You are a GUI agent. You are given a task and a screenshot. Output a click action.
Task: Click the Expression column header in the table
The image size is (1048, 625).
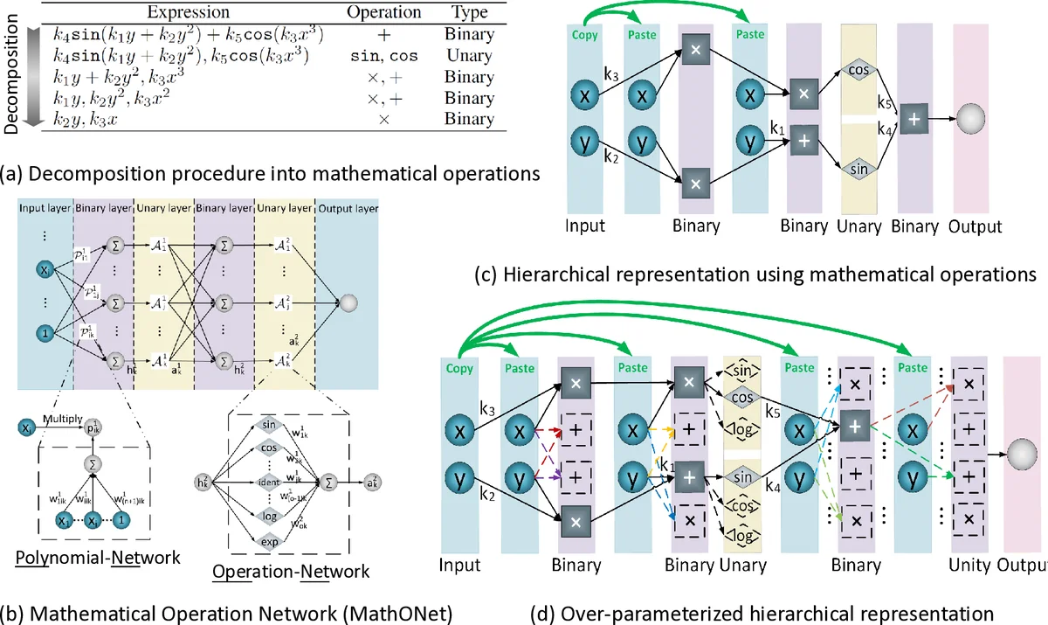point(189,13)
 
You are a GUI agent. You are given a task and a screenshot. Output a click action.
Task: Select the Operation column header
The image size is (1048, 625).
point(383,13)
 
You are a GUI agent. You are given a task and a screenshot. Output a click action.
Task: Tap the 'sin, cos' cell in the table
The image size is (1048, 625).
point(383,56)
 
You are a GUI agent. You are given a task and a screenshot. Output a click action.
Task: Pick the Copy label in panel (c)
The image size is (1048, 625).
point(584,36)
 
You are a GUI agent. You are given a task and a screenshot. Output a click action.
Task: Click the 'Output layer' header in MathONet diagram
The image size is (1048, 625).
point(348,208)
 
